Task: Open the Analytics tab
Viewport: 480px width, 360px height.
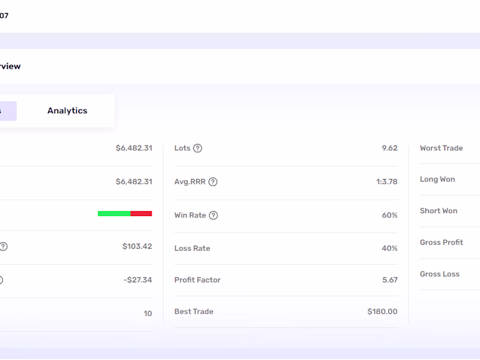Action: click(67, 111)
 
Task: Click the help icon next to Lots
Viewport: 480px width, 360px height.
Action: click(197, 148)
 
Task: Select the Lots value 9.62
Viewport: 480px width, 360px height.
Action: click(389, 148)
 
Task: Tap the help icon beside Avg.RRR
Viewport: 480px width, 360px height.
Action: click(213, 182)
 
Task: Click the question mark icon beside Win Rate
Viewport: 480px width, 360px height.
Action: click(213, 215)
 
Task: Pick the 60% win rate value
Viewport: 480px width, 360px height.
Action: click(389, 215)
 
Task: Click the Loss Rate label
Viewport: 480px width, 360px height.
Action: click(192, 248)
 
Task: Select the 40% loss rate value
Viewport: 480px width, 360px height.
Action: click(389, 248)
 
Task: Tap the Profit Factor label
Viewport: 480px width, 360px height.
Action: click(197, 280)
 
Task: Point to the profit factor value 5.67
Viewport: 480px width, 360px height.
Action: click(389, 280)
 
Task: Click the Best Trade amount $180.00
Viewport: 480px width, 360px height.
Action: click(382, 311)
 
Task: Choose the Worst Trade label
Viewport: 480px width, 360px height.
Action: click(441, 148)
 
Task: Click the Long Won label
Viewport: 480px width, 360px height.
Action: click(437, 180)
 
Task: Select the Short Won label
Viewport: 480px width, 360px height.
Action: click(438, 211)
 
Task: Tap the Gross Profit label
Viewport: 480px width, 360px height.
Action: click(441, 243)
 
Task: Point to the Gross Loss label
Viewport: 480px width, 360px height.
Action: click(440, 274)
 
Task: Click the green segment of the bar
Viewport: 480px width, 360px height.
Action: click(114, 213)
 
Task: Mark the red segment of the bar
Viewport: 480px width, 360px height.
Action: click(141, 213)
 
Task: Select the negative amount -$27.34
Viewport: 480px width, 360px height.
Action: click(138, 280)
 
